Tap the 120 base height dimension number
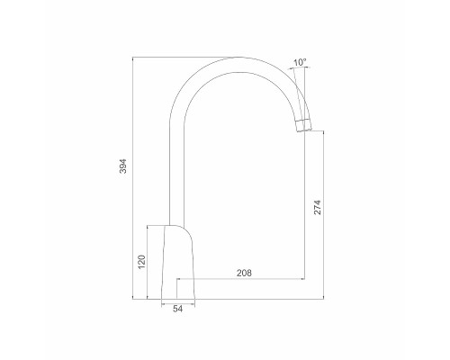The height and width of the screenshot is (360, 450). (140, 262)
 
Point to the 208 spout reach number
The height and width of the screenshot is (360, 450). (243, 272)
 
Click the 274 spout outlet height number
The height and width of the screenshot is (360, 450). (318, 208)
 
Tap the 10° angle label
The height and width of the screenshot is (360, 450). (300, 63)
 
